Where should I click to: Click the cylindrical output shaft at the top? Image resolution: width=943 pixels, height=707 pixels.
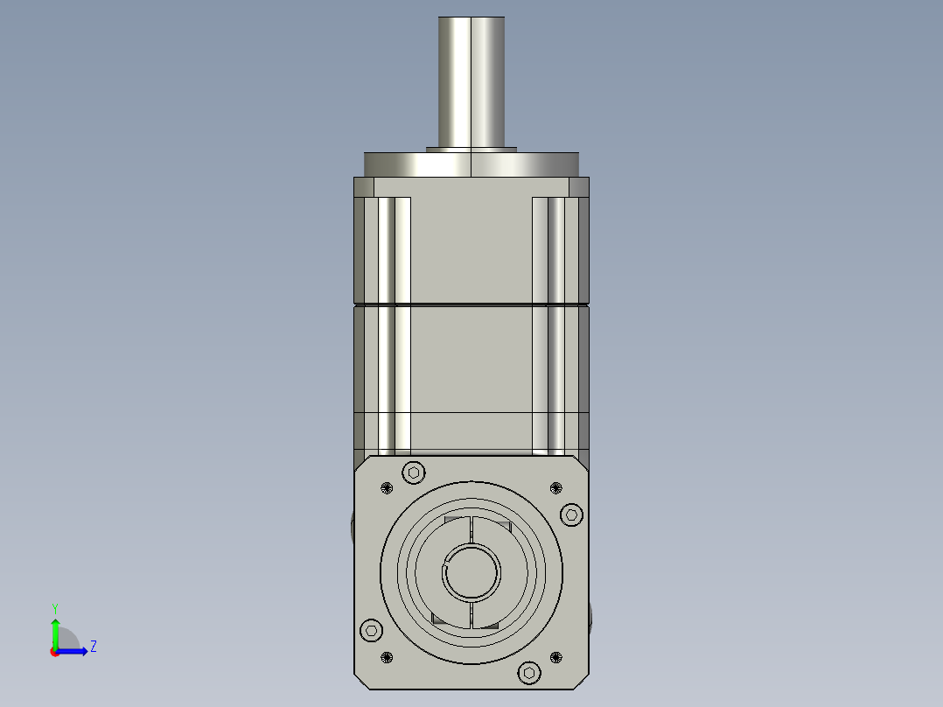tap(471, 83)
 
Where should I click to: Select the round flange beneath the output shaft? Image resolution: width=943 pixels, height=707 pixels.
tap(471, 164)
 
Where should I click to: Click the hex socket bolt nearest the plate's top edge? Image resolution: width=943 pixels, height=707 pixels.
tap(414, 472)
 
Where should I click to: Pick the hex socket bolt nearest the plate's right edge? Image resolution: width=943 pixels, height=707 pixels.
tap(571, 514)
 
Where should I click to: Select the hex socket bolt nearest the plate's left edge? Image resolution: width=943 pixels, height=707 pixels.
tap(372, 630)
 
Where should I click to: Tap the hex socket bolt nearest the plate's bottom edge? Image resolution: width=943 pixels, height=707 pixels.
tap(529, 672)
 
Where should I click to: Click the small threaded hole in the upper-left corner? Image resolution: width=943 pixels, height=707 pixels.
tap(387, 488)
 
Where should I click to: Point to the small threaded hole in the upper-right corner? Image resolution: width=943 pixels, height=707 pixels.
tap(555, 487)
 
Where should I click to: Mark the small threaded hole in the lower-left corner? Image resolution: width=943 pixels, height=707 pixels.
tap(387, 657)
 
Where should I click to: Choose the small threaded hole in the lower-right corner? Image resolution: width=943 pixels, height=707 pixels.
tap(556, 656)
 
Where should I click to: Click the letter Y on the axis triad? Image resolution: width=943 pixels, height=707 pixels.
tap(54, 607)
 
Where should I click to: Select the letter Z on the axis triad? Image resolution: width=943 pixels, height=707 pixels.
tap(93, 647)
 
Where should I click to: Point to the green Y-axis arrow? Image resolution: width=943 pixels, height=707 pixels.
tap(55, 632)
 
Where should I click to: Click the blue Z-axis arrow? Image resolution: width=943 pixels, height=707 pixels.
tap(73, 651)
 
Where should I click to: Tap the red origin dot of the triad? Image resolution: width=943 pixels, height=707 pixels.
tap(54, 652)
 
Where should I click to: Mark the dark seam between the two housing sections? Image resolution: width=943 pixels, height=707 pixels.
tap(471, 304)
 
